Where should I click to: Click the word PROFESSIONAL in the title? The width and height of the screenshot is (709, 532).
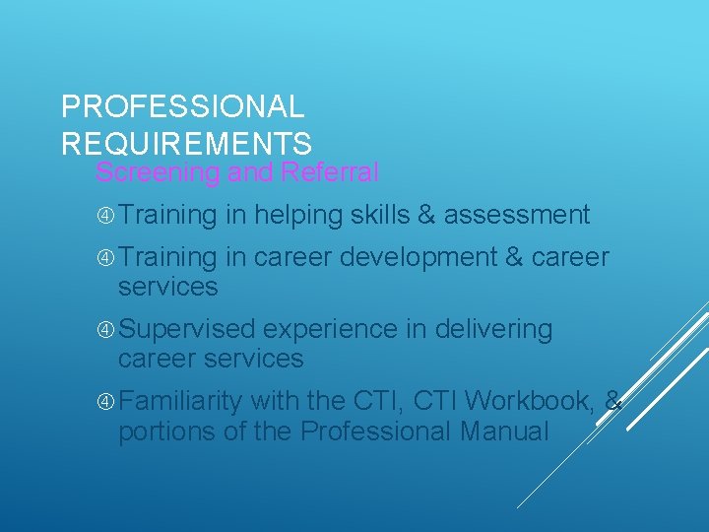pos(182,106)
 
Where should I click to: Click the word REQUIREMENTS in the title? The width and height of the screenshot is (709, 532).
pos(186,143)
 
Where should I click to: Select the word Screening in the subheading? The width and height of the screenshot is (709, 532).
pos(158,173)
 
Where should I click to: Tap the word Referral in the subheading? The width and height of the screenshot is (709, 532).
pos(329,173)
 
